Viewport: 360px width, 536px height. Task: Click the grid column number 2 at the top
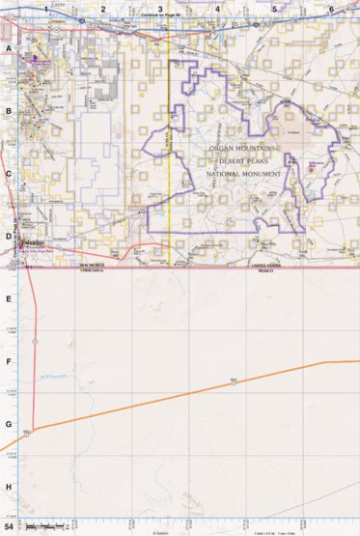102,9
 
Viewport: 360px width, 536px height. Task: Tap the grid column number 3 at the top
160,9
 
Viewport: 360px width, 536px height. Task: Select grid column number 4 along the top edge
218,9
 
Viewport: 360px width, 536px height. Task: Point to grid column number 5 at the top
275,9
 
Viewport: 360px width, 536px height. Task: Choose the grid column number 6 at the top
331,9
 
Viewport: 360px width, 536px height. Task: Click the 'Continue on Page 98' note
160,15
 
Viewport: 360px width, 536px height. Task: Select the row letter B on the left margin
8,111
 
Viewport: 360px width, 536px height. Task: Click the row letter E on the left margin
8,299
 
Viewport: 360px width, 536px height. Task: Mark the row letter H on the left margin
8,488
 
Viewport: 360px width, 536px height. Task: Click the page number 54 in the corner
9,527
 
